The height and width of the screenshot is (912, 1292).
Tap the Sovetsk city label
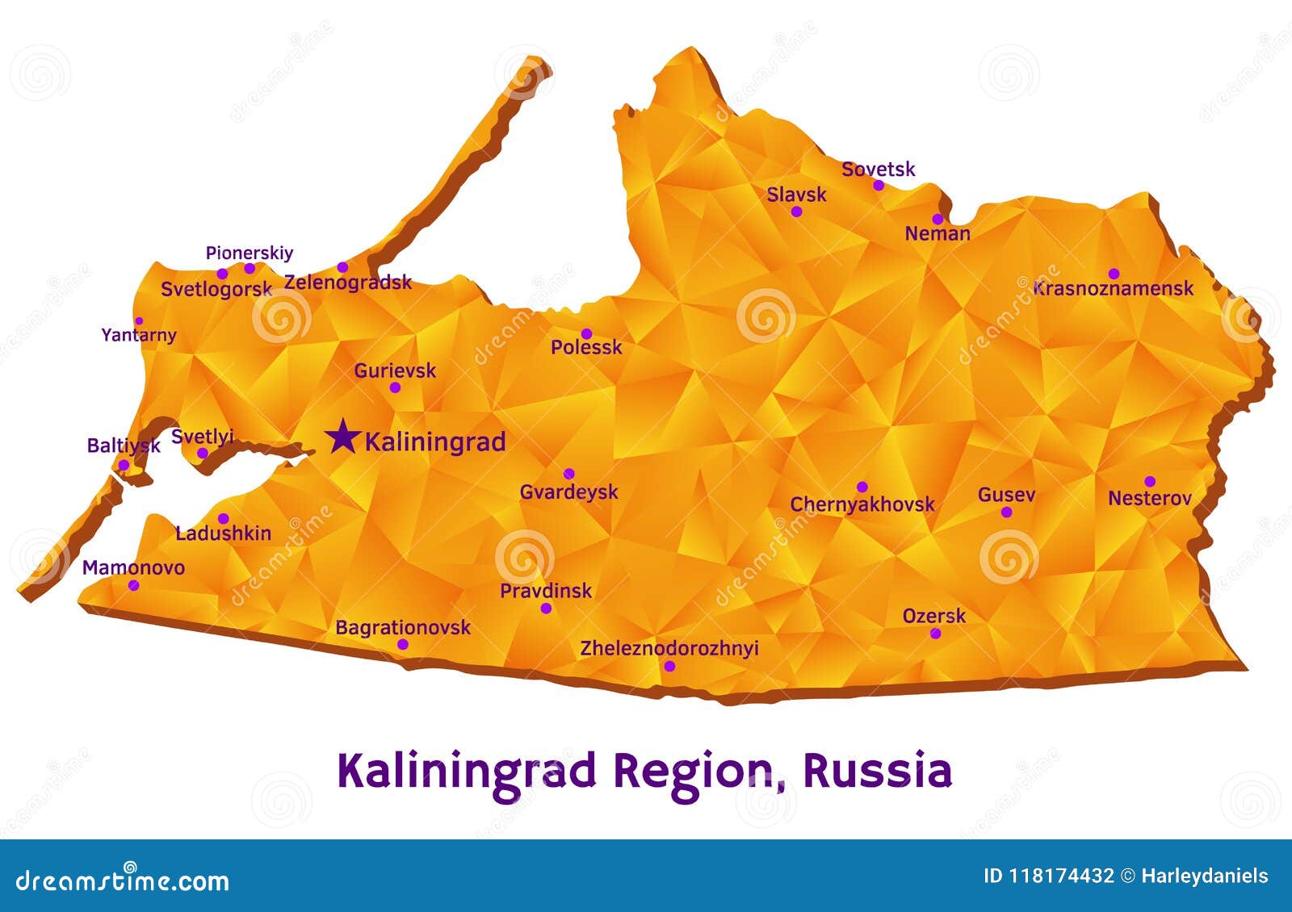878,169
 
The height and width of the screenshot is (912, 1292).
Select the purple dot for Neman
938,219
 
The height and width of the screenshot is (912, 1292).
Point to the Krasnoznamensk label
1113,288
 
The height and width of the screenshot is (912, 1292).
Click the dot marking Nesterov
1150,482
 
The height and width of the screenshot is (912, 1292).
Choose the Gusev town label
1006,495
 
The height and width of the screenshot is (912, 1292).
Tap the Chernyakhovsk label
862,504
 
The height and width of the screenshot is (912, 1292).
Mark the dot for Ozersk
935,634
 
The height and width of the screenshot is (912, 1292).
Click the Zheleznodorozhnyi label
669,648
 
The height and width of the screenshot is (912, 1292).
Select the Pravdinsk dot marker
546,608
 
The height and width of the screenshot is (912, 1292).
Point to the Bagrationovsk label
403,627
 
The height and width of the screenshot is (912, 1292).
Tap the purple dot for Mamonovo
133,585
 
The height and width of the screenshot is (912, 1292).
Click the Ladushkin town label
223,533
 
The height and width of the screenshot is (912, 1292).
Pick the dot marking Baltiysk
124,465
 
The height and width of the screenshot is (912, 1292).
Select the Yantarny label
139,335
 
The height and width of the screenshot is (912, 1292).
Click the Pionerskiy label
250,253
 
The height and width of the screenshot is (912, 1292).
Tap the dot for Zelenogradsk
342,267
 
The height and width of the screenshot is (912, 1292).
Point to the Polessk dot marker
587,334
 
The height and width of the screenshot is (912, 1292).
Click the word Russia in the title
877,770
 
